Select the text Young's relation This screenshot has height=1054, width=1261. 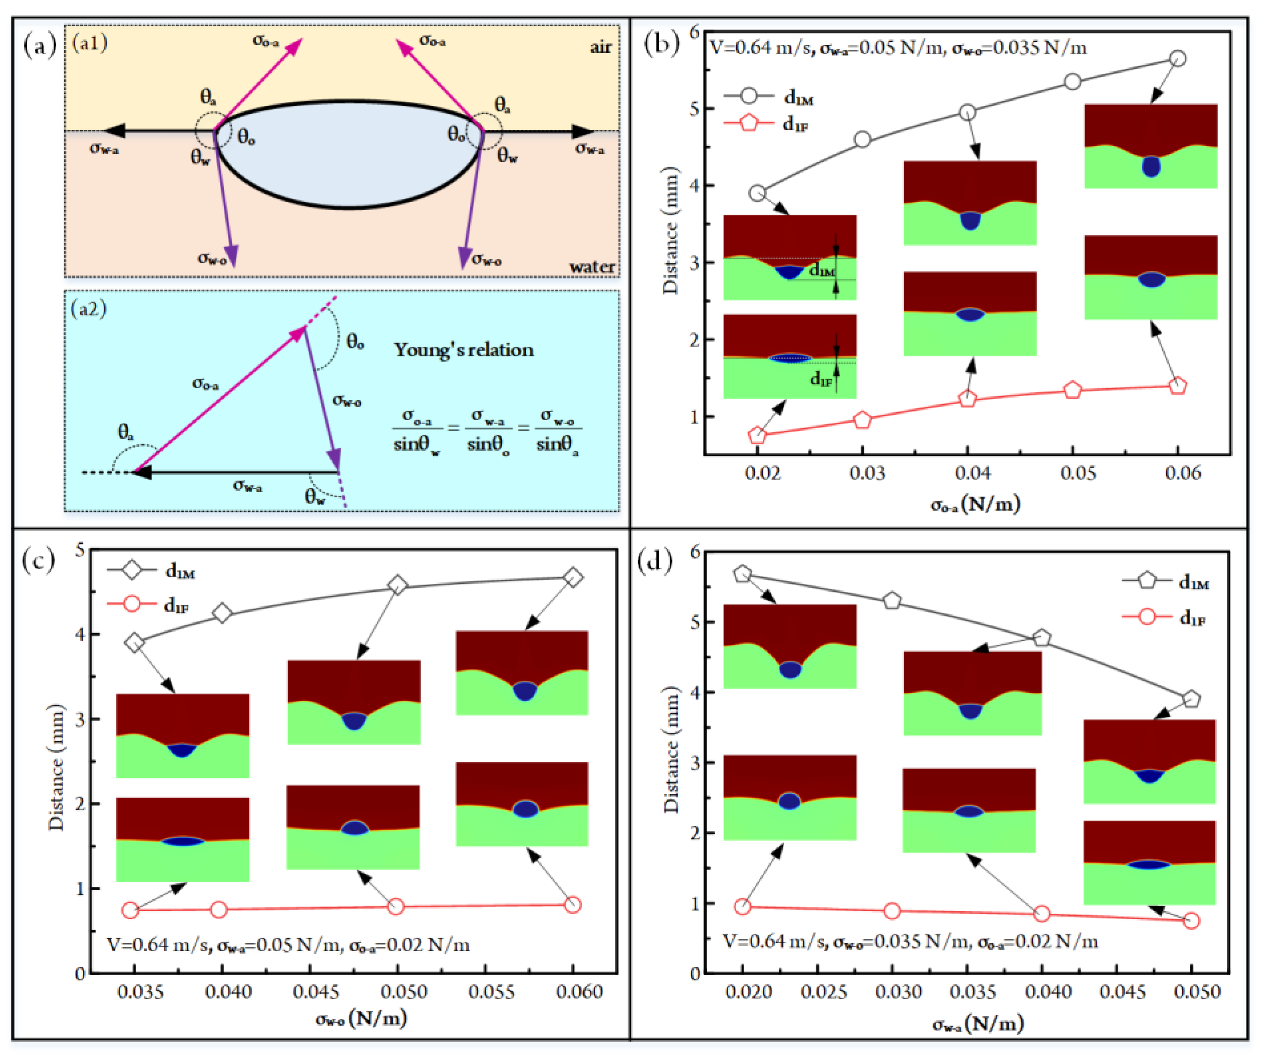464,350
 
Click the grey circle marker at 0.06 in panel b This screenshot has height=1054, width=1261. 1178,58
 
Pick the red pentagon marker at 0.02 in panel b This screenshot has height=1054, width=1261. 758,435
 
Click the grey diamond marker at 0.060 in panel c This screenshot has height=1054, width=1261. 573,578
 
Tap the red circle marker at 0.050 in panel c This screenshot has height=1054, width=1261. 395,907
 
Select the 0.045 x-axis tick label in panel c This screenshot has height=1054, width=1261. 316,992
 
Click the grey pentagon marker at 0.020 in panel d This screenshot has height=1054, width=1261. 743,574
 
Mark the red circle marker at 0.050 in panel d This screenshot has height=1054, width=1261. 1191,921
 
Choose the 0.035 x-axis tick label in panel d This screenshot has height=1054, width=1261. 973,992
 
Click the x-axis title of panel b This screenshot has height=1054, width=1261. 975,503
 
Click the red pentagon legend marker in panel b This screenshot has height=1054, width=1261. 749,124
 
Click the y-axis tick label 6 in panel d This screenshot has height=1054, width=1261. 695,551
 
